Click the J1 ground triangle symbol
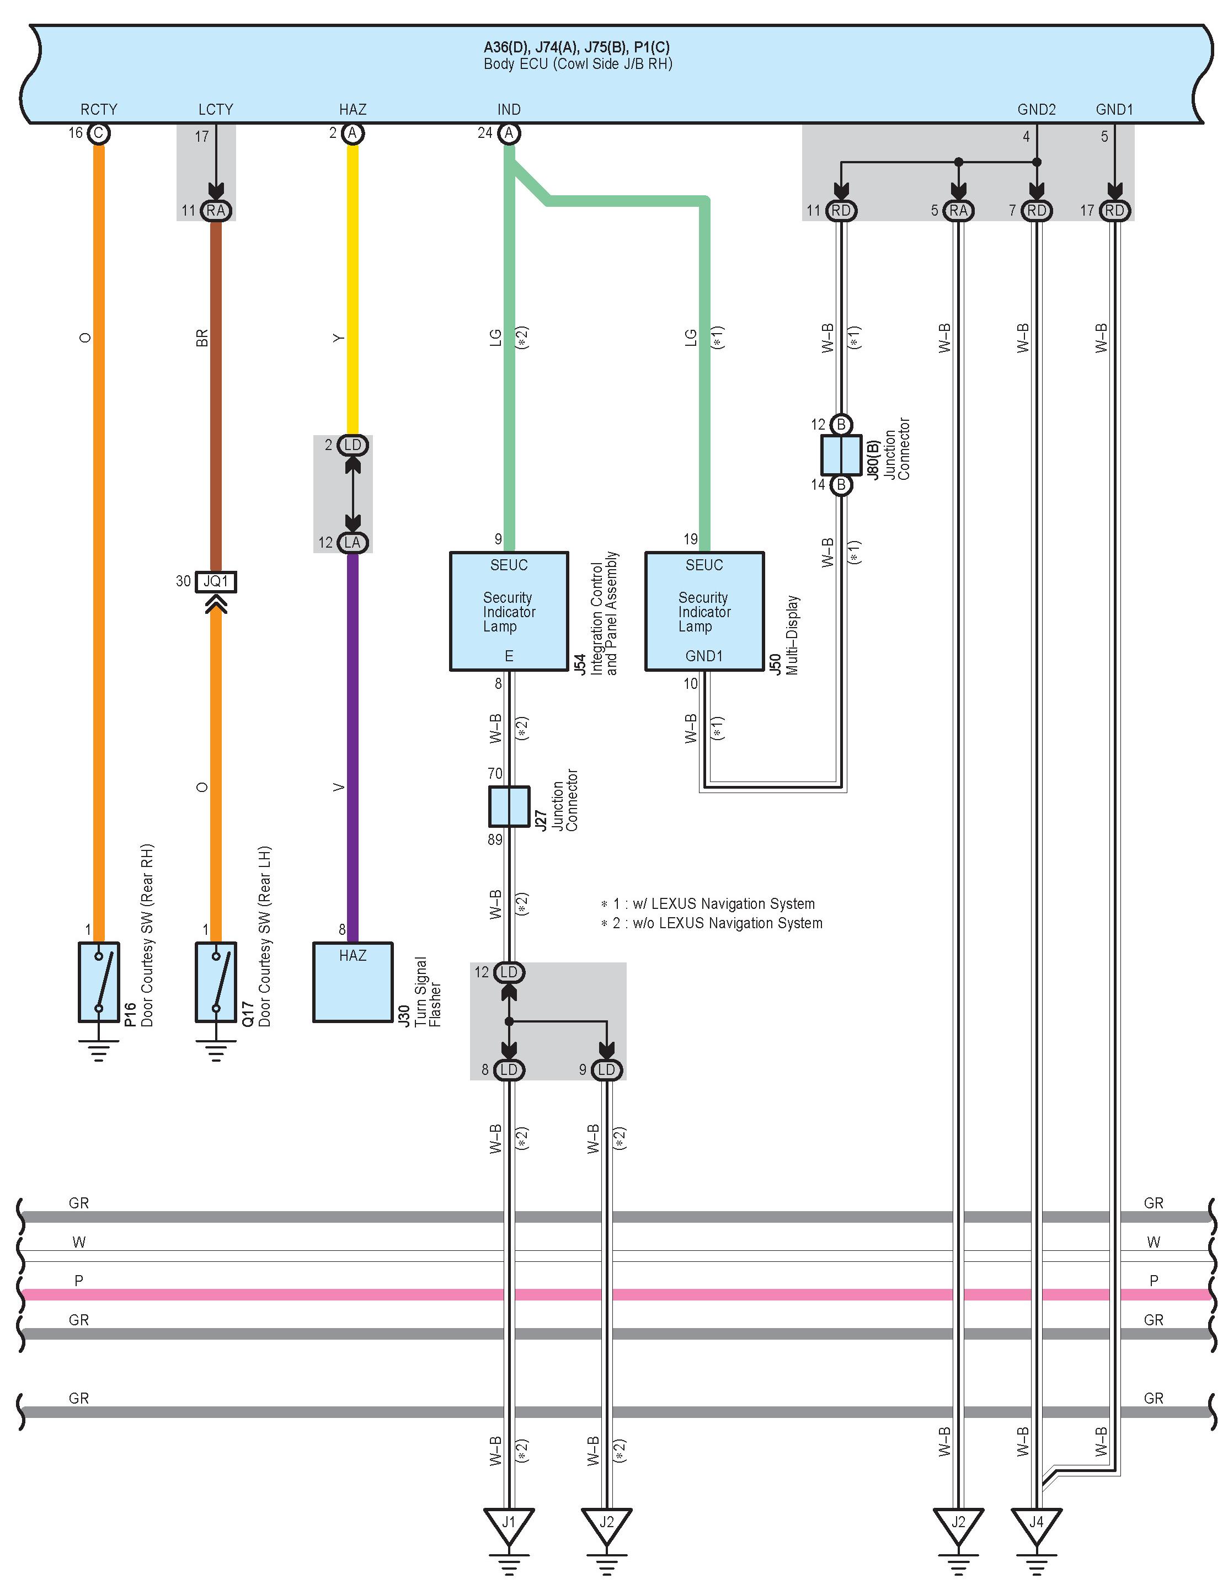[x=509, y=1525]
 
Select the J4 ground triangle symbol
[x=1036, y=1525]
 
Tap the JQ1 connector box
[x=216, y=582]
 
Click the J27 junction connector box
[x=509, y=806]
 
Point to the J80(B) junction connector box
[x=841, y=454]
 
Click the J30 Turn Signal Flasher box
[x=353, y=982]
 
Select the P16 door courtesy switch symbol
[x=99, y=982]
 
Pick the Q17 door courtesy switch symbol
[x=216, y=982]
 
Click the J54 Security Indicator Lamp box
[x=509, y=611]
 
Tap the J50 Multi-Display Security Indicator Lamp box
[x=704, y=611]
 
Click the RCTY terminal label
[x=99, y=110]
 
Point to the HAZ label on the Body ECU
[x=353, y=110]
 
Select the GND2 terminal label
[x=1037, y=110]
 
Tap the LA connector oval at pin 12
[x=353, y=543]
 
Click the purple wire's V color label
[x=338, y=787]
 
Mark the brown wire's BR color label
[x=202, y=338]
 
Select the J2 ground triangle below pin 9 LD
[x=606, y=1525]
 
